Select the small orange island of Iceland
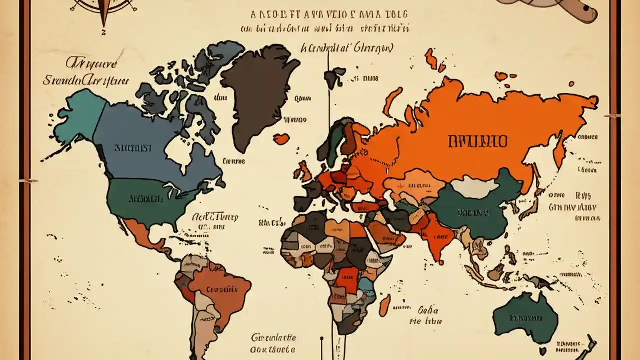tap(281, 138)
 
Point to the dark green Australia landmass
tap(525, 317)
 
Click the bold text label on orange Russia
tap(477, 141)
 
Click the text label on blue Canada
tap(132, 148)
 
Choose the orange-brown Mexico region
tap(145, 237)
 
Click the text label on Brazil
tap(221, 289)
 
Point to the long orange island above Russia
tap(392, 102)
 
